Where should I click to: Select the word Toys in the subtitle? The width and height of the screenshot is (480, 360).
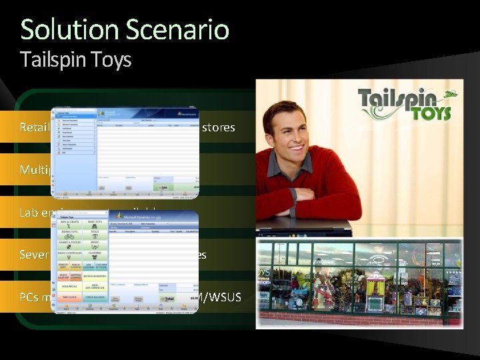click(x=114, y=60)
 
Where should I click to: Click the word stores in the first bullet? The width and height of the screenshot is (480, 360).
click(x=219, y=127)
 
